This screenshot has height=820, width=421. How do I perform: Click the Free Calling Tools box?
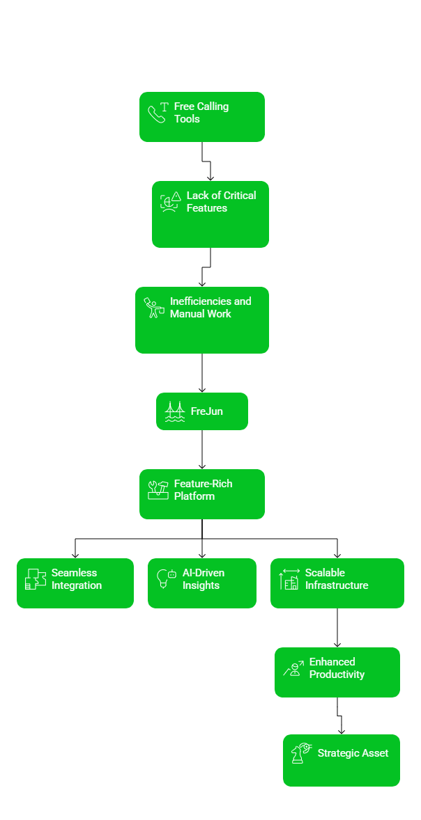[201, 117]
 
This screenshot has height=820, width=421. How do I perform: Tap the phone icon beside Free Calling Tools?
[157, 113]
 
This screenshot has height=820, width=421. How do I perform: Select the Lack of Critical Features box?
[210, 214]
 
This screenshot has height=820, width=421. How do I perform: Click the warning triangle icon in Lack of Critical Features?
[176, 197]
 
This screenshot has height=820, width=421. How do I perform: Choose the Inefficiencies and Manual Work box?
[201, 320]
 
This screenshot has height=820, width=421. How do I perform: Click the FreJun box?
[201, 411]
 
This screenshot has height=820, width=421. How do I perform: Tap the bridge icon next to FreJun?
[174, 411]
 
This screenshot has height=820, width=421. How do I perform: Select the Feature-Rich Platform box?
[201, 494]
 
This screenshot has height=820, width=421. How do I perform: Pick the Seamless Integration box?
[75, 583]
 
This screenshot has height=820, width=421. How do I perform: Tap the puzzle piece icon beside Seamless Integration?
[35, 579]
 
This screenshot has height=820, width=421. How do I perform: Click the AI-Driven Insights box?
[201, 583]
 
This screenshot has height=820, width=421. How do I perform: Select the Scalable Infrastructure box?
[337, 583]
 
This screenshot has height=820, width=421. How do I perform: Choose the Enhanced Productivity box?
[337, 672]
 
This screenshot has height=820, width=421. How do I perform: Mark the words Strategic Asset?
[353, 753]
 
